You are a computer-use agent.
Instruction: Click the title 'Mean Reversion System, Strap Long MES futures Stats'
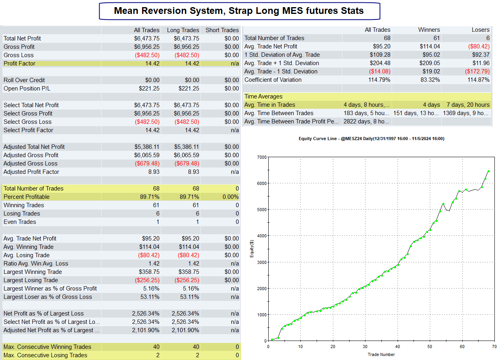(x=239, y=11)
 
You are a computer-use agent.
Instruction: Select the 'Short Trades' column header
(x=222, y=30)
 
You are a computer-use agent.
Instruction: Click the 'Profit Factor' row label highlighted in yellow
(x=19, y=64)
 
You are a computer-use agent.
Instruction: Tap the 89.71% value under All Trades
(x=150, y=197)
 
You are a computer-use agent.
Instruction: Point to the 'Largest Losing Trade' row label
(x=31, y=280)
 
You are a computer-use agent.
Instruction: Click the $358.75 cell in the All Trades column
(x=149, y=272)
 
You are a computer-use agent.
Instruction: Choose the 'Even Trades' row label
(x=20, y=222)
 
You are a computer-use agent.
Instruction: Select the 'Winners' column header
(x=429, y=30)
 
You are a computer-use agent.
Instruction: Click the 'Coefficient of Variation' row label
(x=273, y=80)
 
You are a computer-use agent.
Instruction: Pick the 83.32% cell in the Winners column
(x=430, y=80)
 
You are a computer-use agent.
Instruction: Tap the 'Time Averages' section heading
(x=263, y=96)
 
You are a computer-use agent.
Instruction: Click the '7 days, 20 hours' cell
(x=468, y=105)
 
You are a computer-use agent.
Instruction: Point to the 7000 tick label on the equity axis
(x=261, y=157)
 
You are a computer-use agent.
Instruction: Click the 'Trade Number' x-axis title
(x=381, y=354)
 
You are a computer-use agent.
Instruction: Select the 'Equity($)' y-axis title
(x=252, y=248)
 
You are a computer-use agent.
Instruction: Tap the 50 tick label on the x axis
(x=430, y=347)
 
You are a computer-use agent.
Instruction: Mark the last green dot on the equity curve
(x=488, y=171)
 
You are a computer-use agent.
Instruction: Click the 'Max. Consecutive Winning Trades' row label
(x=47, y=347)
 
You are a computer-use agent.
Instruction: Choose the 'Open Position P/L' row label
(x=27, y=89)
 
